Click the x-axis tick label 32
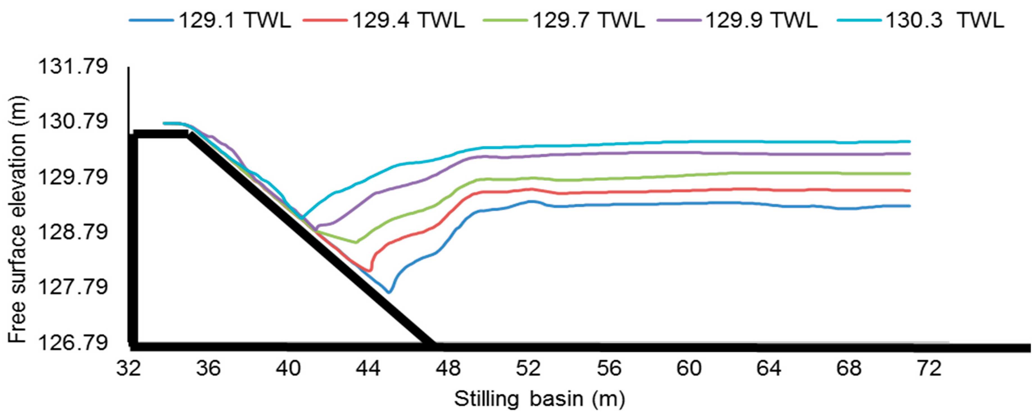point(129,368)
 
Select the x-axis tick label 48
point(448,368)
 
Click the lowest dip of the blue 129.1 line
point(389,292)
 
